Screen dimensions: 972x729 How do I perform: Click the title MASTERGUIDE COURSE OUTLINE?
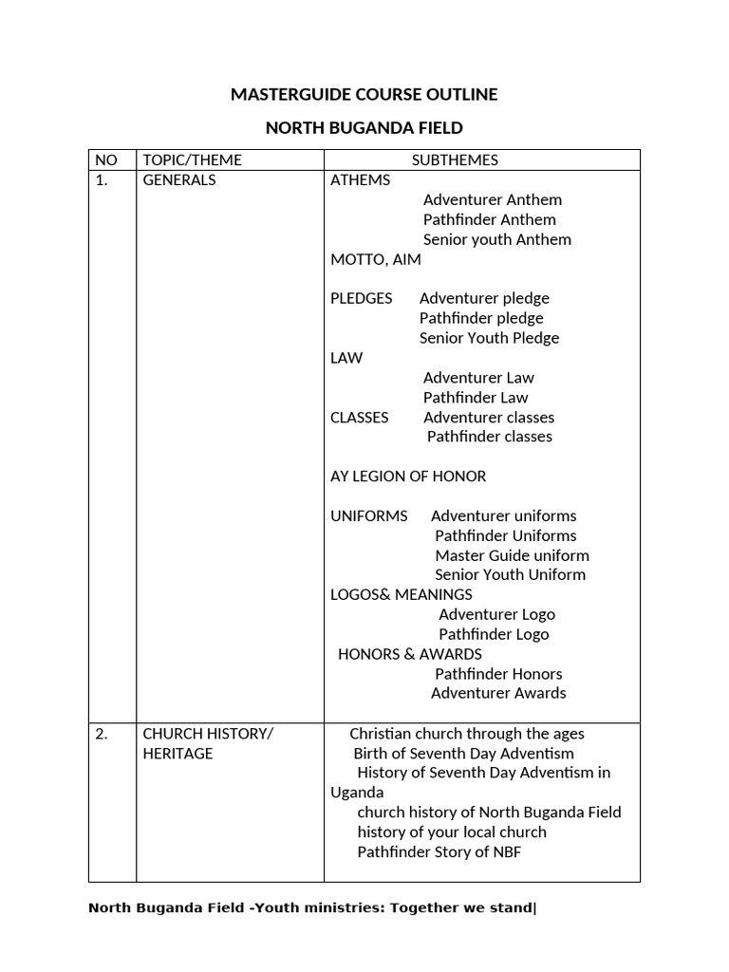(364, 95)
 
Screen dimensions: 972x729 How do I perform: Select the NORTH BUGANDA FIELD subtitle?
(364, 128)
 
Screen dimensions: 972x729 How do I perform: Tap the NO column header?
(106, 160)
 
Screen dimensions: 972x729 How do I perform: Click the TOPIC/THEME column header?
(192, 160)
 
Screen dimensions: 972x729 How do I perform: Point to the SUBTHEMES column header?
(455, 160)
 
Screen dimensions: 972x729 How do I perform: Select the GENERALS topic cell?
(179, 180)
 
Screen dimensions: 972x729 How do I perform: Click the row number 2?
(102, 734)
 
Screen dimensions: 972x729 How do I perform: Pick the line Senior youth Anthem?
(496, 239)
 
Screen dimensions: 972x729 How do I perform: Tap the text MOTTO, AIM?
(375, 259)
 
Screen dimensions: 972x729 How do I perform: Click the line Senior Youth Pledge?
(489, 338)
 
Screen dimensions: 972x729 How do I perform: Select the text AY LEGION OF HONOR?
(408, 477)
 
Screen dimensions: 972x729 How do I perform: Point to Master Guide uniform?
(512, 555)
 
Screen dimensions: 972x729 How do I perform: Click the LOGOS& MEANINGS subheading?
(401, 595)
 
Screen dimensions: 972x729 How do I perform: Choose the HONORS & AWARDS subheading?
(409, 654)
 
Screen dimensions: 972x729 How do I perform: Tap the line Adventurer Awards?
(498, 693)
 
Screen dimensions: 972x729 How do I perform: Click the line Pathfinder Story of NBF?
(439, 852)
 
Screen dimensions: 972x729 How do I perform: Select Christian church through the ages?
(467, 734)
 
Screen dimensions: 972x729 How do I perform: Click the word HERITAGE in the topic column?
(178, 754)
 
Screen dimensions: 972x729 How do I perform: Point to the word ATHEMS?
(360, 180)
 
